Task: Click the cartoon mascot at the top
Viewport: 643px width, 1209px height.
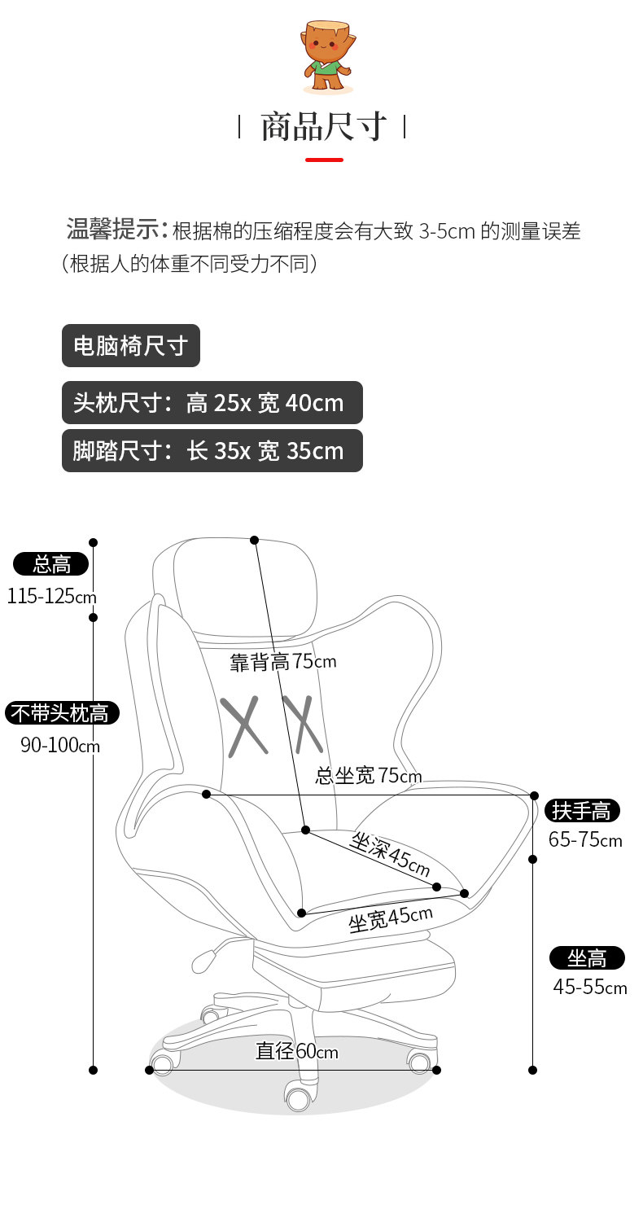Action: coord(327,57)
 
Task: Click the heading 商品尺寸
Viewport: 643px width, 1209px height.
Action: coord(322,127)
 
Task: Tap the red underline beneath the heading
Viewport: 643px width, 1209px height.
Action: coord(324,160)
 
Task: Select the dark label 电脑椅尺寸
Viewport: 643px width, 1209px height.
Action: coord(130,346)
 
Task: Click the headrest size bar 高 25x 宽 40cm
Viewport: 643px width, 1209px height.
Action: coord(212,402)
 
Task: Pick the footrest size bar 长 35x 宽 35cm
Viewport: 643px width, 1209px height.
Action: coord(212,451)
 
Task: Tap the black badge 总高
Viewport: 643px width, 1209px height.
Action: coord(50,563)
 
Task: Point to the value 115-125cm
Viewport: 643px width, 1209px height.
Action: coord(51,597)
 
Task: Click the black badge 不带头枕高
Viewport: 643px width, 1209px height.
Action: coord(62,713)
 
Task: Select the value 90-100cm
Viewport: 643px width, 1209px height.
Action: coord(59,745)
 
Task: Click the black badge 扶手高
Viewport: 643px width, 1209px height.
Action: coord(581,810)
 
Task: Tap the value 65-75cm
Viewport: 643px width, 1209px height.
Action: coord(584,840)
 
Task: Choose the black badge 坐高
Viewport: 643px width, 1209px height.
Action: coord(587,957)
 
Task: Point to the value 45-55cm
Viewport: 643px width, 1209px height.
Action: coord(589,988)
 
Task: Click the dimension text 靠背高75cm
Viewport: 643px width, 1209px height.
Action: coord(282,662)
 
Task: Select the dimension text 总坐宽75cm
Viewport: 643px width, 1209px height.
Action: coord(369,776)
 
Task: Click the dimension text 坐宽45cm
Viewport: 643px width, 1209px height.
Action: coord(390,918)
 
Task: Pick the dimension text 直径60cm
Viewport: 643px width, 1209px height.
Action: coord(296,1051)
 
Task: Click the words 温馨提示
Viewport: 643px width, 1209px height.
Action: coord(113,230)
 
